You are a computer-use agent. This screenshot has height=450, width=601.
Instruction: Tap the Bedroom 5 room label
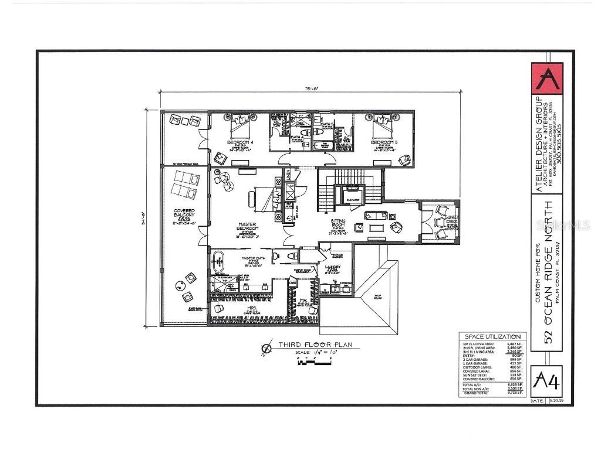[382, 142]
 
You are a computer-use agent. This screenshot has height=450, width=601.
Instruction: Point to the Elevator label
[353, 200]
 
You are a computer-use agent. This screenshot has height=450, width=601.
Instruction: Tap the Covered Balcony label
[184, 213]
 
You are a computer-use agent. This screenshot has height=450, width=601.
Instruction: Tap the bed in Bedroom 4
[240, 124]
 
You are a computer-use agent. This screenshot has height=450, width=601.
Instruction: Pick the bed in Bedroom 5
[382, 124]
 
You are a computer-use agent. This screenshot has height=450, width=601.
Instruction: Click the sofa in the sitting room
[376, 215]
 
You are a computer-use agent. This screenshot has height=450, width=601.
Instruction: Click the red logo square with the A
[546, 79]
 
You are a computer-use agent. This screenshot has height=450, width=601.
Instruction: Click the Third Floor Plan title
[315, 345]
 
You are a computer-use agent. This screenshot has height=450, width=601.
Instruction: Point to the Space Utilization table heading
[492, 336]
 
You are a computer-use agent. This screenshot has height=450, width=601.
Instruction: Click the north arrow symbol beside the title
[267, 348]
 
